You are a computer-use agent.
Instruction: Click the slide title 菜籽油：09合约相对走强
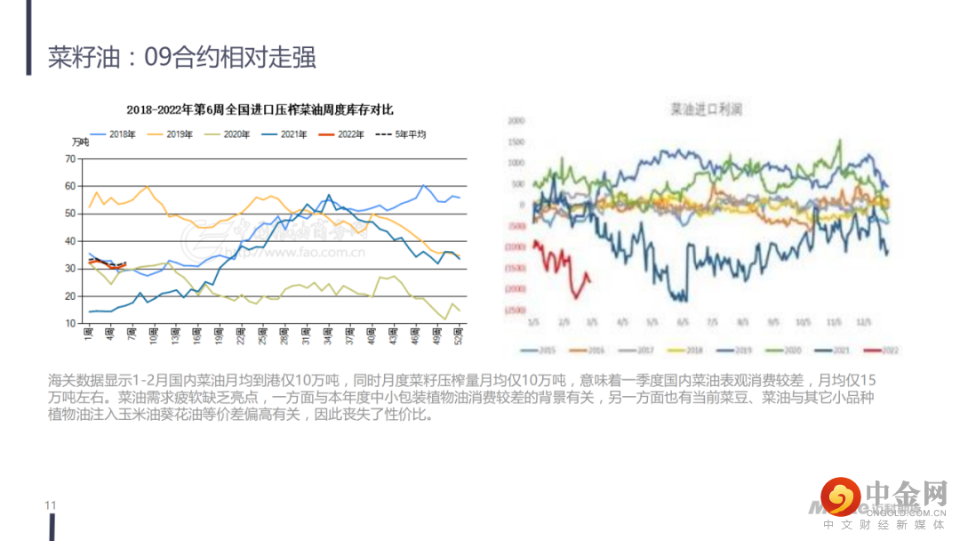[182, 58]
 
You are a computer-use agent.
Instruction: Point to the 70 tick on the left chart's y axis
[70, 158]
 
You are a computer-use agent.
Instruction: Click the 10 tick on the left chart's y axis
[70, 323]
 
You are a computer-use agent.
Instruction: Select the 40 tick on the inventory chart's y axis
[70, 241]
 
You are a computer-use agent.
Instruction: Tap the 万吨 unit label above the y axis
[81, 143]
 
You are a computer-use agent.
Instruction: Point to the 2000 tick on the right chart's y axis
[516, 119]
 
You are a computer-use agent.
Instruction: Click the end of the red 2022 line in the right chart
[589, 283]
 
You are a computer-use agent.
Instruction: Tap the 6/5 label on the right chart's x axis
[683, 321]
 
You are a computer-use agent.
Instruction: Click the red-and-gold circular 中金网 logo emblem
[840, 495]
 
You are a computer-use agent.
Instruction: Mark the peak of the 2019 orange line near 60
[146, 186]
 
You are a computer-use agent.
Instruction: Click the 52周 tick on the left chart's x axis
[458, 335]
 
